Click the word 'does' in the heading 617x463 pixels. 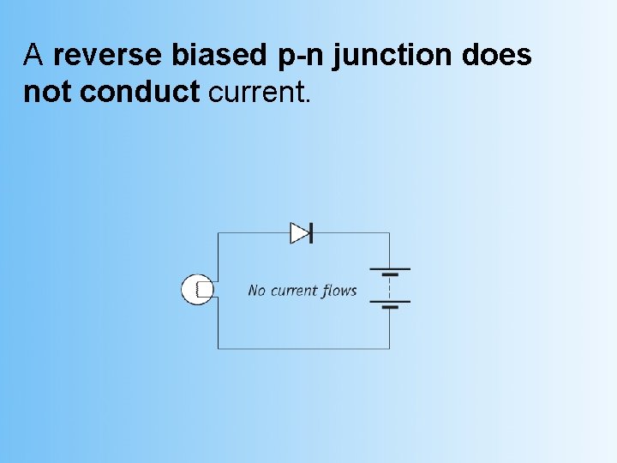pyautogui.click(x=497, y=56)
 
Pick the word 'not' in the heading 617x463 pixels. pyautogui.click(x=47, y=92)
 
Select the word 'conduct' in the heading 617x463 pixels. pyautogui.click(x=139, y=92)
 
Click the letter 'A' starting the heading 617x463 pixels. pyautogui.click(x=33, y=56)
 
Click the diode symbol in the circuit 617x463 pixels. pyautogui.click(x=301, y=232)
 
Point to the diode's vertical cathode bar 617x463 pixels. pyautogui.click(x=310, y=232)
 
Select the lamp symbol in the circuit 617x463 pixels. pyautogui.click(x=197, y=290)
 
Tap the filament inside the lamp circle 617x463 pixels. pyautogui.click(x=202, y=290)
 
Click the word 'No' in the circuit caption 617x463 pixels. pyautogui.click(x=257, y=291)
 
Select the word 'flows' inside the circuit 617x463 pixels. pyautogui.click(x=340, y=291)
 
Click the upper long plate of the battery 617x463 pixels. pyautogui.click(x=390, y=268)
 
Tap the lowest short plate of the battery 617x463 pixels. pyautogui.click(x=390, y=306)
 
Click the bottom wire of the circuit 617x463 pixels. pyautogui.click(x=303, y=348)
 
